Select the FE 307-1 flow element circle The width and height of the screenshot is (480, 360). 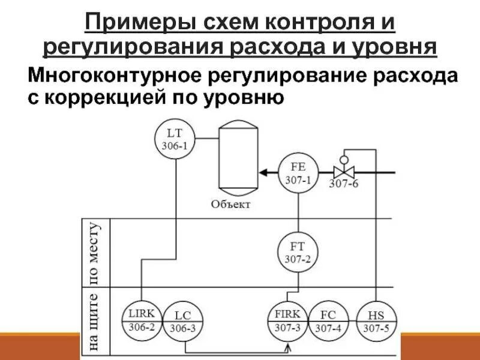(x=298, y=173)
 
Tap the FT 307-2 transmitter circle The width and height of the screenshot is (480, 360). (x=298, y=252)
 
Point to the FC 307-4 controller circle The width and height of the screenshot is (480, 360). (x=328, y=321)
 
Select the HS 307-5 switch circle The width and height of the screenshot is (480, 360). (x=375, y=321)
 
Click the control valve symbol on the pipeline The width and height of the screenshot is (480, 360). (x=344, y=172)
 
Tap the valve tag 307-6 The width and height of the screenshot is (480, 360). (x=343, y=184)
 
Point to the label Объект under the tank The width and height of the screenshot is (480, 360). (x=230, y=205)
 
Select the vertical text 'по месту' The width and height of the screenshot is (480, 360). (x=96, y=252)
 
